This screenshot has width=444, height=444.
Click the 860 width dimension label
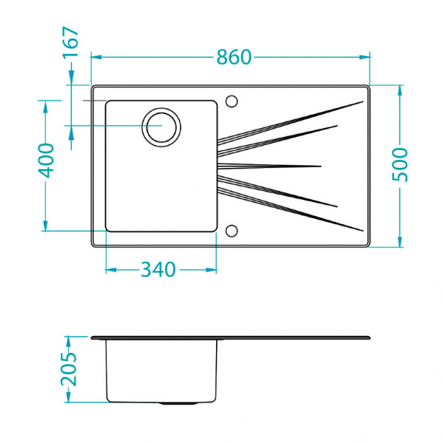tap(234, 56)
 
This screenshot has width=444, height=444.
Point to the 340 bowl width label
tap(158, 270)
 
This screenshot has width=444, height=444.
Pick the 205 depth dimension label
tap(69, 370)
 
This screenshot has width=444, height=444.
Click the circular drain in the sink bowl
tap(162, 126)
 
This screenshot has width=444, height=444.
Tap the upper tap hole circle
tap(232, 100)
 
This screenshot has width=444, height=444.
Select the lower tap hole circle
tap(232, 230)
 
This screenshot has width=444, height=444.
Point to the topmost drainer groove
tap(289, 121)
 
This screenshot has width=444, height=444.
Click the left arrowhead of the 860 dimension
tap(94, 56)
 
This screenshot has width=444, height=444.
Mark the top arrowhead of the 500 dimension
tap(400, 90)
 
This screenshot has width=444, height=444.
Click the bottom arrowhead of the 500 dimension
tap(400, 242)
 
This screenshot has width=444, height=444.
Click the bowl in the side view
tap(162, 370)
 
